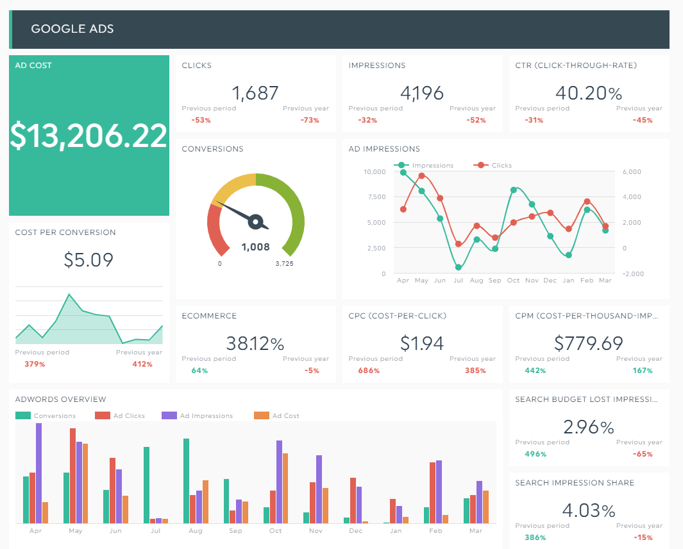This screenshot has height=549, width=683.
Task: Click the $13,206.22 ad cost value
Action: coord(89,135)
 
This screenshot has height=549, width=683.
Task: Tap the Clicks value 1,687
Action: coord(255,93)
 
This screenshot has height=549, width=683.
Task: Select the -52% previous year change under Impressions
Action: coord(476,120)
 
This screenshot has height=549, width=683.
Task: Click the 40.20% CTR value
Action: coord(589,93)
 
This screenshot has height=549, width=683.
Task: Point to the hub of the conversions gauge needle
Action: coord(256,222)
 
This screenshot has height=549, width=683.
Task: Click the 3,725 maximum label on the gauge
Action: coord(285,263)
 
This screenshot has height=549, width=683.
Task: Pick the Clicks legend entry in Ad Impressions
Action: coord(493,165)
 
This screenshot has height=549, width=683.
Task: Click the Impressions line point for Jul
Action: coord(459,267)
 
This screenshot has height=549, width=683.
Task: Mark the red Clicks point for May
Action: coord(421,176)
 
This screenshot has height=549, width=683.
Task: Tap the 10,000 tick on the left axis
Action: coord(375,172)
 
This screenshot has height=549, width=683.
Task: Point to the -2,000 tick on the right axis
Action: coord(633,274)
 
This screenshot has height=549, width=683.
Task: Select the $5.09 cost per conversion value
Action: coord(89,260)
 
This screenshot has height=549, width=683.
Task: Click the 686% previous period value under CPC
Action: coord(369,370)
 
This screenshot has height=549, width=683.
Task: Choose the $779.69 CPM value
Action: coord(589,343)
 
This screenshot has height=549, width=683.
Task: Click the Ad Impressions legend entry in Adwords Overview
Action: coord(198,415)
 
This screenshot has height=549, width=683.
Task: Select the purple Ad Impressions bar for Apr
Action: coord(38,473)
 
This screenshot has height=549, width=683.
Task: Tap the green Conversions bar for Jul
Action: coord(146,485)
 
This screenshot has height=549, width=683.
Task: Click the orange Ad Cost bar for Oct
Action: coord(285,489)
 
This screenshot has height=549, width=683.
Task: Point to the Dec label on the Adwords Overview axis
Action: coord(355,530)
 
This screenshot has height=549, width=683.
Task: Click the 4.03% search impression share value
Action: coord(589,510)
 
